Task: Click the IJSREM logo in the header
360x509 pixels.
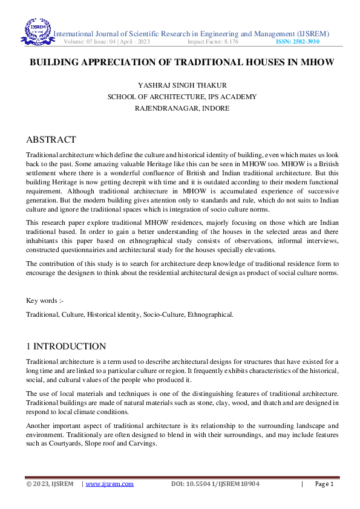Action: pos(38,33)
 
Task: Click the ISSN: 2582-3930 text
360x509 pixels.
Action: pos(298,42)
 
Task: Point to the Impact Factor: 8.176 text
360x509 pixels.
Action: pos(213,42)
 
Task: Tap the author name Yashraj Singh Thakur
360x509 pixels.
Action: pos(182,85)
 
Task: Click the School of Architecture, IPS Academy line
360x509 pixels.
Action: pos(182,97)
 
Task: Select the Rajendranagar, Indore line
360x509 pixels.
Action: pos(182,108)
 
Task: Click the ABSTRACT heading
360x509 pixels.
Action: pos(51,140)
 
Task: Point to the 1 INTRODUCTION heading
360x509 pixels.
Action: pos(66,346)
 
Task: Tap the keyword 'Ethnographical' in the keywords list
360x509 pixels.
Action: pos(210,315)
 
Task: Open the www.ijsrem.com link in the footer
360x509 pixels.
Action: pos(110,484)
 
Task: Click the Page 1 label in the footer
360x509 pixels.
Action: pos(324,484)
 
